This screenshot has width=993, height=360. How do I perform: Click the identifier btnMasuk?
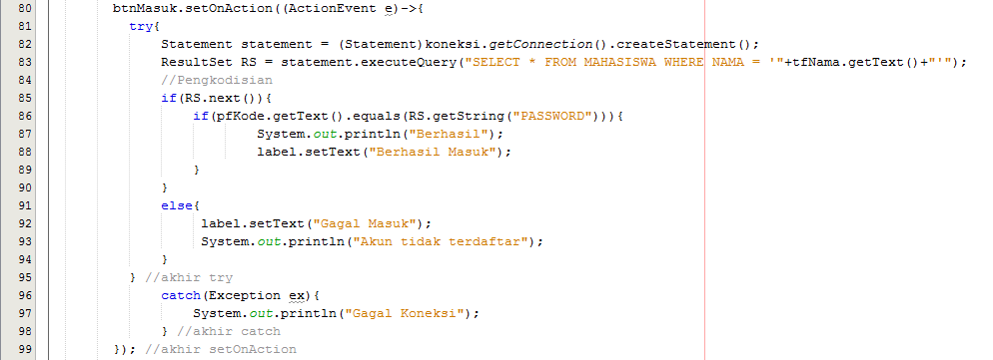pos(141,9)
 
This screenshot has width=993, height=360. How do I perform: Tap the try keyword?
pos(141,27)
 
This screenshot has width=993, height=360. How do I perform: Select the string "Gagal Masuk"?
pos(370,224)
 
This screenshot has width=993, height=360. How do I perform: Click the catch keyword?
pos(181,296)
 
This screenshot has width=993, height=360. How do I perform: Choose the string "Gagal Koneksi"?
pos(406,314)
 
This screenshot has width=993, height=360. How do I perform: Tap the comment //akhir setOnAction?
pos(221,350)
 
